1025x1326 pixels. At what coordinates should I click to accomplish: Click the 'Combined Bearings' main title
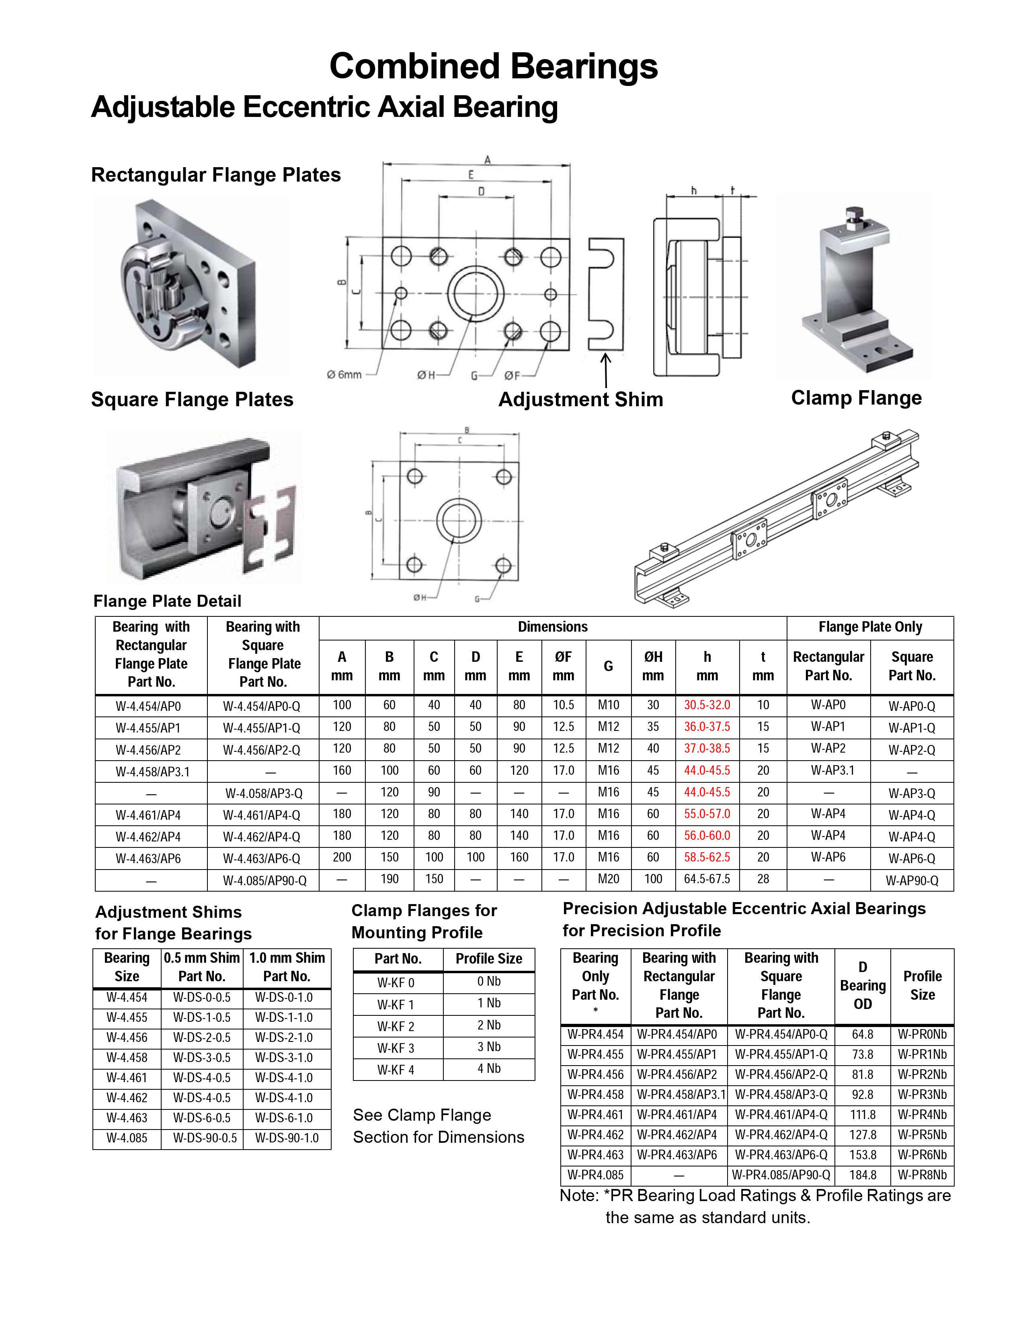click(x=493, y=66)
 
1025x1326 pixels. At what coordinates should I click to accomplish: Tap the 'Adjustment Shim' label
click(x=580, y=399)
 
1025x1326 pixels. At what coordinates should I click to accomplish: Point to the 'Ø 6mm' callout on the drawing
click(x=344, y=374)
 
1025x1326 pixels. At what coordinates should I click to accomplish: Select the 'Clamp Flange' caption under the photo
click(x=856, y=398)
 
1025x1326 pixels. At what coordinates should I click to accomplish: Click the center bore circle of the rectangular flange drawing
click(x=476, y=294)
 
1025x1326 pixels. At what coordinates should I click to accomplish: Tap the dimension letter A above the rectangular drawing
click(x=487, y=160)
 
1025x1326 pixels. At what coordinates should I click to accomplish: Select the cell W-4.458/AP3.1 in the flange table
click(x=152, y=771)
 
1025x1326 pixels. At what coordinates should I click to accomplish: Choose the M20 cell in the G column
click(x=608, y=879)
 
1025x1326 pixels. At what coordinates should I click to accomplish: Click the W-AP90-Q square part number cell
click(x=912, y=880)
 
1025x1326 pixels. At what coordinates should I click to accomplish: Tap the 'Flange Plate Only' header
click(x=869, y=627)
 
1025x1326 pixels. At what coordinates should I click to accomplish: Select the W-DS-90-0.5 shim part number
click(x=205, y=1138)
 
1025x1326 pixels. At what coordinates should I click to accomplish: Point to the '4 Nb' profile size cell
click(x=489, y=1068)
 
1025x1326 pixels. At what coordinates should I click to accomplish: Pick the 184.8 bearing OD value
click(x=862, y=1175)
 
